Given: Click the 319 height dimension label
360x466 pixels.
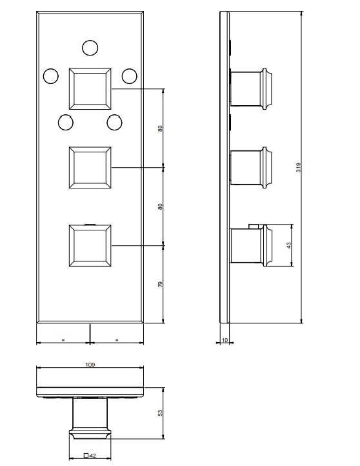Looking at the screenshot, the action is pos(299,167).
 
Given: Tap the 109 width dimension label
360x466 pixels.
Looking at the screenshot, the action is pos(90,365).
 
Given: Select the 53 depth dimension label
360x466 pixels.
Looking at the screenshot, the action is pos(160,413).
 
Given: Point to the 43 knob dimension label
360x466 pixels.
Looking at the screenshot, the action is pos(289,245).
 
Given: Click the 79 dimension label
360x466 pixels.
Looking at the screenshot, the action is pos(160,284).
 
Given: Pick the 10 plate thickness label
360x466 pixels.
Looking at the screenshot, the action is pos(225,340).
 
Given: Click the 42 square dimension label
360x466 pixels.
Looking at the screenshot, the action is pos(93,455).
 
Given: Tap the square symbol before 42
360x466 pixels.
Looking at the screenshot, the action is pos(86,455).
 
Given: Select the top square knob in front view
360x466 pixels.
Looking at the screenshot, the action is pos(90,89).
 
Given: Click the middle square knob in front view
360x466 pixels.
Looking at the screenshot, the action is pos(90,167).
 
